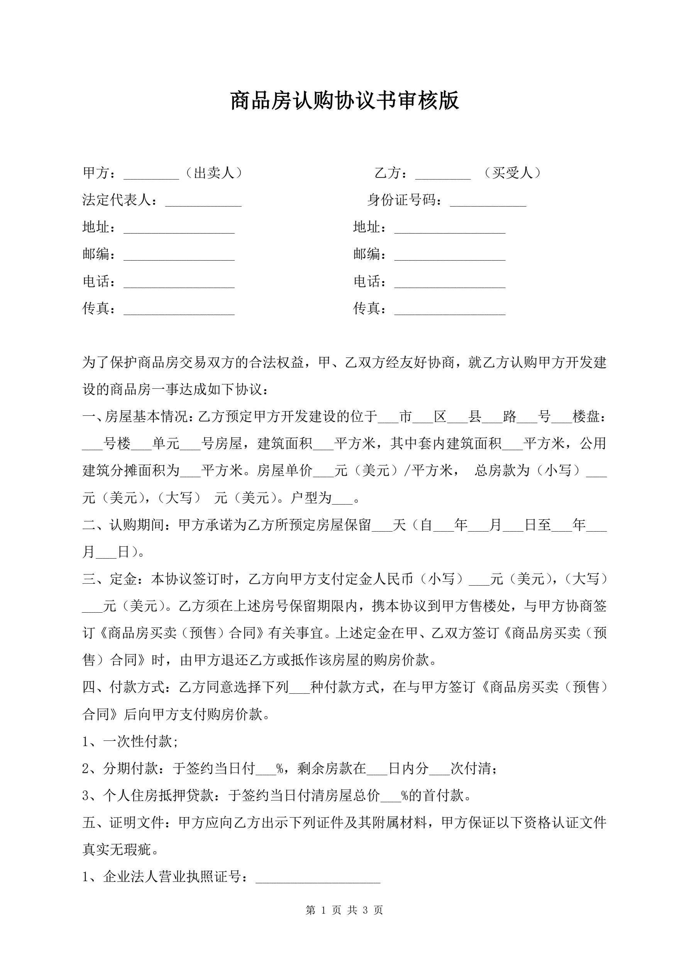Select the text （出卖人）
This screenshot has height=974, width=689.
coord(214,173)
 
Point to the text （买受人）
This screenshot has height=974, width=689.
coord(513,173)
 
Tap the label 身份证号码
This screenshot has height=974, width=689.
coord(401,200)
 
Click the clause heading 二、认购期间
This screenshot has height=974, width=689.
coord(123,525)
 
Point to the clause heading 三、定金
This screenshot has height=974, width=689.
coord(110,579)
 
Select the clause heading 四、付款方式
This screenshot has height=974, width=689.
coord(123,687)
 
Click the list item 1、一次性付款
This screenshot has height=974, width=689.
coord(130,741)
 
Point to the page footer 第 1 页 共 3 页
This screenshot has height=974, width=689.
coord(344,910)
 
